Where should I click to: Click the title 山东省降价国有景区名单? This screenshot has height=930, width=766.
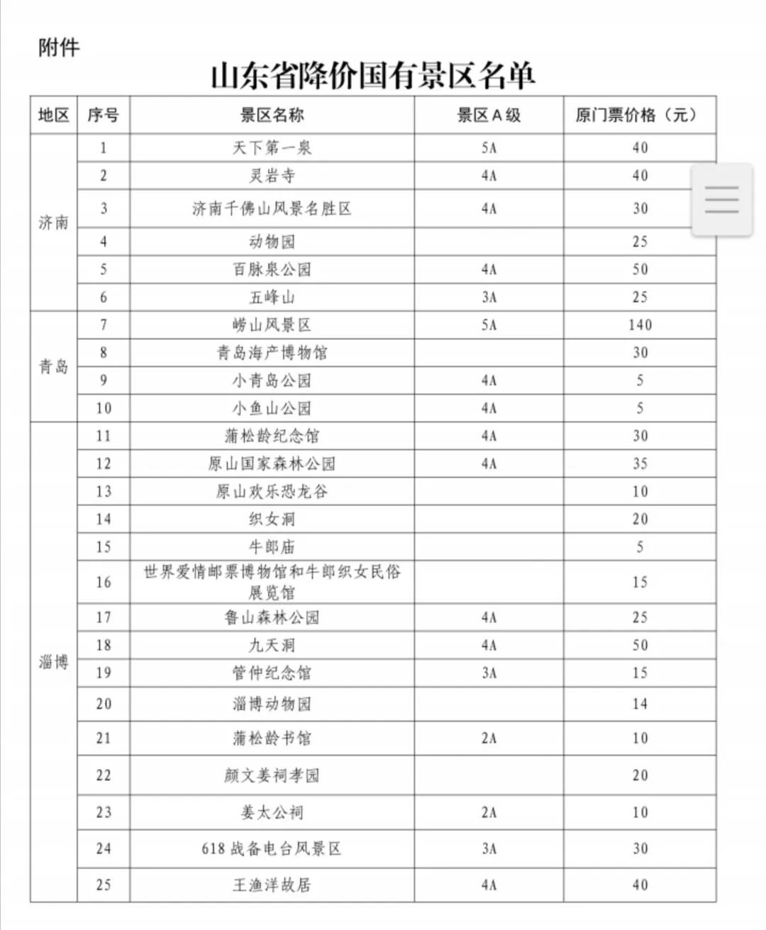(x=373, y=76)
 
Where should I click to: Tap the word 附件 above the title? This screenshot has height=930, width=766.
(x=59, y=48)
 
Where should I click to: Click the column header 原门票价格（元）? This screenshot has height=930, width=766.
(x=635, y=115)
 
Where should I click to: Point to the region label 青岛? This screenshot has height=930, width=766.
(x=53, y=366)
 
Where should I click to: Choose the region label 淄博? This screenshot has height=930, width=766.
(x=53, y=662)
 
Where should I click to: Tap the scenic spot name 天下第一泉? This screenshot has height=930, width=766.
(x=272, y=148)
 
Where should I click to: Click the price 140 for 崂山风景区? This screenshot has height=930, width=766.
(x=640, y=325)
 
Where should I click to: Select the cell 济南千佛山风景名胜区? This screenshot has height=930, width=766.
(x=272, y=209)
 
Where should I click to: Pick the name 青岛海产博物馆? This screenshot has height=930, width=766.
(x=272, y=353)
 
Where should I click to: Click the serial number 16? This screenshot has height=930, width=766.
(x=104, y=582)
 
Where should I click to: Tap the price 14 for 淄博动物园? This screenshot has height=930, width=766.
(x=640, y=704)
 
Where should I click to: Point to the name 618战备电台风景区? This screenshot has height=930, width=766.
(x=272, y=848)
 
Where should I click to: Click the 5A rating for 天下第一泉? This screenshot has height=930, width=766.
(x=489, y=148)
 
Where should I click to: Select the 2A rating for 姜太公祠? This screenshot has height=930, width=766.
(x=489, y=812)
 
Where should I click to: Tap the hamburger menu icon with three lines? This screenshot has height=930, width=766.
(x=721, y=199)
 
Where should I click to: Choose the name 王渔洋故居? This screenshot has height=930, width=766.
(x=272, y=885)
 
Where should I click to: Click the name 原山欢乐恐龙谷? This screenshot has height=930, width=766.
(x=272, y=491)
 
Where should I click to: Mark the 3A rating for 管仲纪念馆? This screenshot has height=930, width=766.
(x=489, y=673)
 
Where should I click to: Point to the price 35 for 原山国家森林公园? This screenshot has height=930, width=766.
(x=640, y=464)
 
